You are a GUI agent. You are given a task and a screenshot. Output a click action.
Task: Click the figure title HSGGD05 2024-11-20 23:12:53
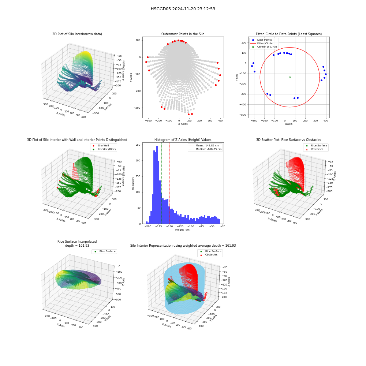point(183,9)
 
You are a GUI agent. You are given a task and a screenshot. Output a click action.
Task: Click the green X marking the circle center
point(290,77)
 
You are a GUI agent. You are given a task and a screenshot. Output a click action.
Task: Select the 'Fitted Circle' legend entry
point(261,43)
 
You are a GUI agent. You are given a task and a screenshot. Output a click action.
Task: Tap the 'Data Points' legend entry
point(261,40)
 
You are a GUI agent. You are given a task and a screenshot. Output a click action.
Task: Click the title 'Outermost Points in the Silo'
point(183,34)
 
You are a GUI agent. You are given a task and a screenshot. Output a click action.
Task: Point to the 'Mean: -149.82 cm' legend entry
point(204,145)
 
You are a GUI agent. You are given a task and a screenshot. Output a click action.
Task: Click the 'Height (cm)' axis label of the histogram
point(183,230)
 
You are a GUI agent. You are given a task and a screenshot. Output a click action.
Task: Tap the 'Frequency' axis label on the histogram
point(133,183)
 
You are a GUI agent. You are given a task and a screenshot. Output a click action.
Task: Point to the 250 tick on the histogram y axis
point(138,145)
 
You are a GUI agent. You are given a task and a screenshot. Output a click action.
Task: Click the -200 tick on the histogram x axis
point(148,226)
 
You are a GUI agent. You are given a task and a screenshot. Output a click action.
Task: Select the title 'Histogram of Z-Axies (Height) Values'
point(183,140)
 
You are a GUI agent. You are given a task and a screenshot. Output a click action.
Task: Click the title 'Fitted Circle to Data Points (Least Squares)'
point(289,34)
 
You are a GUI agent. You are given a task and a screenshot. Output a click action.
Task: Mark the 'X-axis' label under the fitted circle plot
point(289,124)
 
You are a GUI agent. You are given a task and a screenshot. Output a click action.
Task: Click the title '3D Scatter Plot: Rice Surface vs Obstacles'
point(289,140)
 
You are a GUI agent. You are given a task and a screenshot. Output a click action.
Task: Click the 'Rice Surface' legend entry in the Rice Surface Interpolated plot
point(105,251)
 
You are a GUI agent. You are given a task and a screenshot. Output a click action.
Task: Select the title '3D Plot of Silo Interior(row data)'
point(77,34)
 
